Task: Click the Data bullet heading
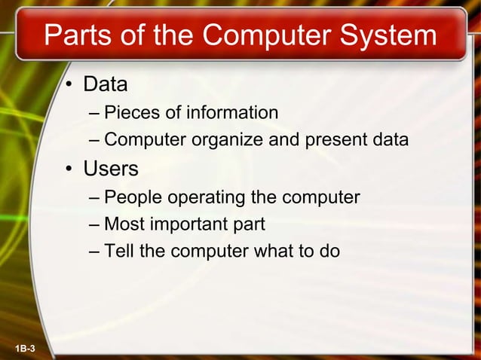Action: (x=105, y=84)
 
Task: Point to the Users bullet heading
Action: (x=111, y=169)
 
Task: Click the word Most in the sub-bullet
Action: (x=124, y=224)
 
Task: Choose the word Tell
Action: (x=118, y=251)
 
